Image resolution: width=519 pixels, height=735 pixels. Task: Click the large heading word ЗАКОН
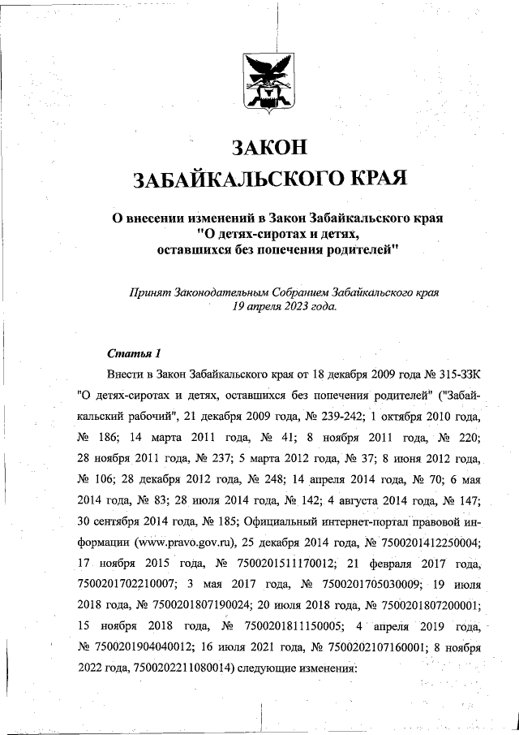pyautogui.click(x=268, y=148)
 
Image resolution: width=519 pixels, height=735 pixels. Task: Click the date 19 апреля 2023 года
pyautogui.click(x=280, y=307)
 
